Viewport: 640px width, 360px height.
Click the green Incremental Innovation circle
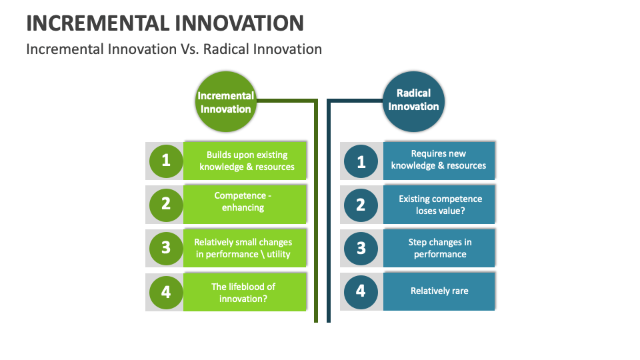(225, 102)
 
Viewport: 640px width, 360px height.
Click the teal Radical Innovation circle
(413, 100)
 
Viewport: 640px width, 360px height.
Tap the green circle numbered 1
(166, 161)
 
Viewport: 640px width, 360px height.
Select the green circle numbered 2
(166, 203)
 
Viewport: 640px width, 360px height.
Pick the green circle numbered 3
(166, 248)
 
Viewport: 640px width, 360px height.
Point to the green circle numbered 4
(166, 292)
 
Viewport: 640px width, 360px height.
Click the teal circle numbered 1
(361, 161)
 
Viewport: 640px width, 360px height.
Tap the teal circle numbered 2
(361, 204)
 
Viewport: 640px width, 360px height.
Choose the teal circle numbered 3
(361, 248)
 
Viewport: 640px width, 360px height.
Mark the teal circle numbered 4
(361, 291)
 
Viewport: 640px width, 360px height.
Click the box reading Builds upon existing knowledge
(246, 161)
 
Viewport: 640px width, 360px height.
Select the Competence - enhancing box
(245, 203)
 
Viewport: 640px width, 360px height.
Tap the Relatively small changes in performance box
(245, 248)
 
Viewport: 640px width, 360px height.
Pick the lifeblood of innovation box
(245, 292)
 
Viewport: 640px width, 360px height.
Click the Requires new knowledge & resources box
(439, 160)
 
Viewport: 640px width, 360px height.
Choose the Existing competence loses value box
(439, 204)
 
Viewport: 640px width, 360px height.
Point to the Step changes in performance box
(439, 248)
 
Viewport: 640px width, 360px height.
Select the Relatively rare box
(439, 291)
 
